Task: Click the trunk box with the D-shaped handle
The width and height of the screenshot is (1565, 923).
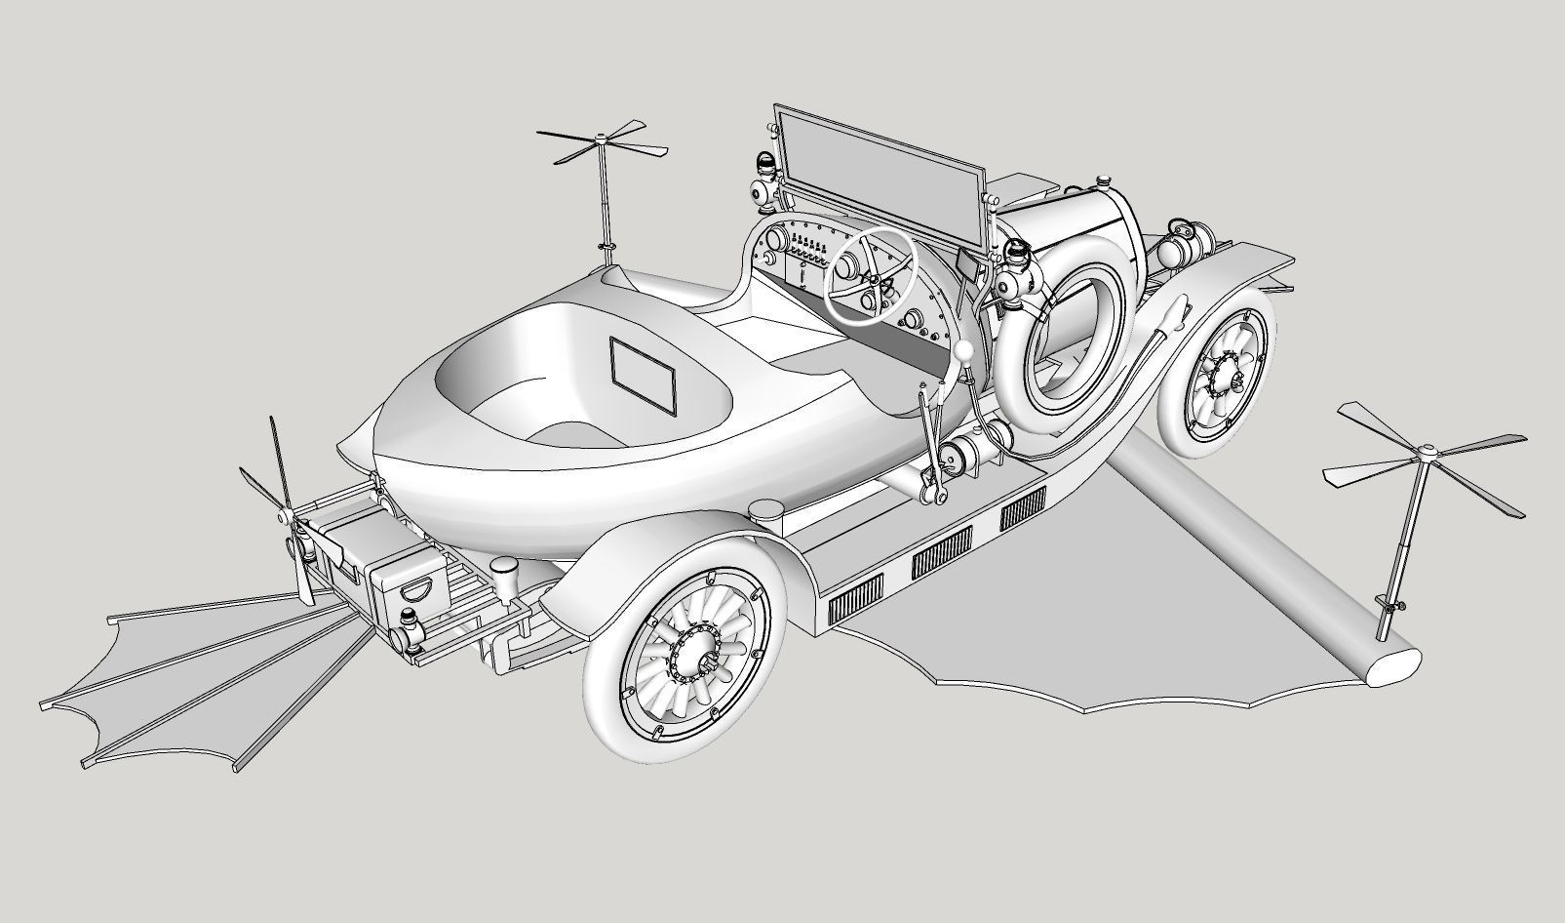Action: tap(409, 582)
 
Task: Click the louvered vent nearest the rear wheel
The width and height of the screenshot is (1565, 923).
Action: tap(855, 597)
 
